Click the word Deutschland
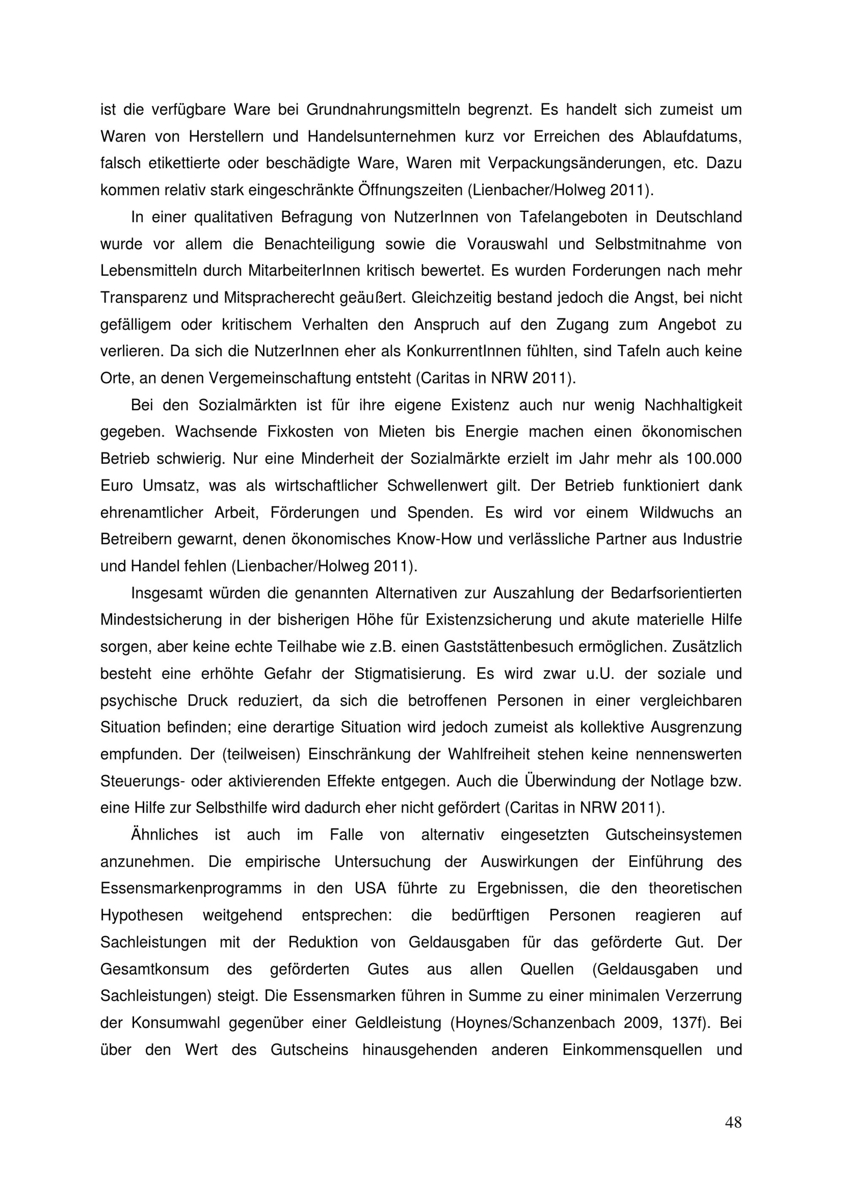coord(699,217)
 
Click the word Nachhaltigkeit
coord(693,405)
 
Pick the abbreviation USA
coord(370,888)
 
